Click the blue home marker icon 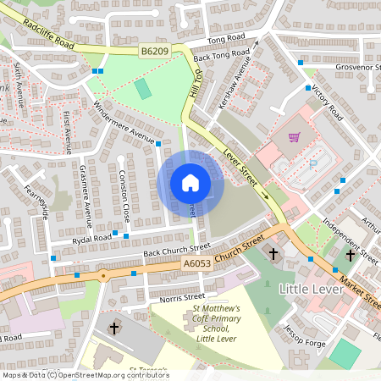click(x=190, y=183)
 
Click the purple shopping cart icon click(x=294, y=137)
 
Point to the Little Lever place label click(x=310, y=290)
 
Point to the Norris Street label click(x=182, y=297)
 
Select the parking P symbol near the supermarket click(x=315, y=166)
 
